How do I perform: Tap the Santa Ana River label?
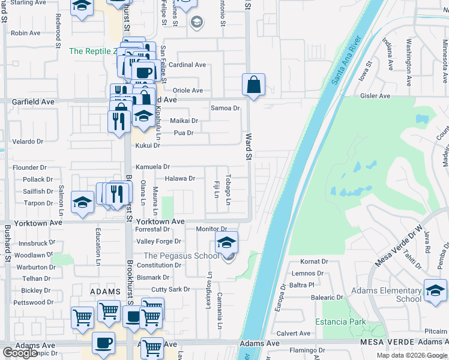pos(346,59)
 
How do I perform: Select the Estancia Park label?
pos(344,322)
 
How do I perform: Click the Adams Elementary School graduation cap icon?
pos(435,291)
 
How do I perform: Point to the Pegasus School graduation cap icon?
pos(226,243)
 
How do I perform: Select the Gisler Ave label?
pos(375,96)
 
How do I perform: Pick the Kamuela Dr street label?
pos(152,167)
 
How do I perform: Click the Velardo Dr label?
pos(28,142)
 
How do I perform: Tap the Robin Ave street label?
pos(25,33)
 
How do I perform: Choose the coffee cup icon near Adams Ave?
pos(103,343)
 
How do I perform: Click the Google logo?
pos(20,353)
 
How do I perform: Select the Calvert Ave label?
pos(294,334)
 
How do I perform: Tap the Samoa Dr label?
pos(225,108)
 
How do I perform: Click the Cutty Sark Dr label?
pos(170,289)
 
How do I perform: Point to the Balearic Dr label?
pos(327,297)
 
